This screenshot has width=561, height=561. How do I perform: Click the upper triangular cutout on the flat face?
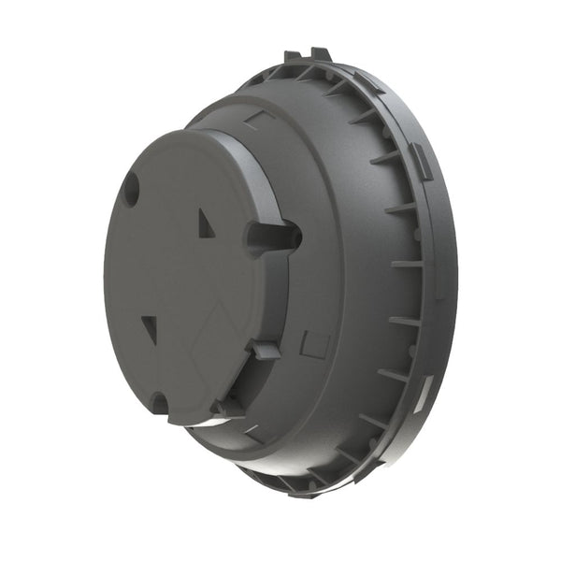206,223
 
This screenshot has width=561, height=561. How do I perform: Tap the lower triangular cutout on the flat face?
150,328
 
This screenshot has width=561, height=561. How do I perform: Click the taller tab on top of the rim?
320,54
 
